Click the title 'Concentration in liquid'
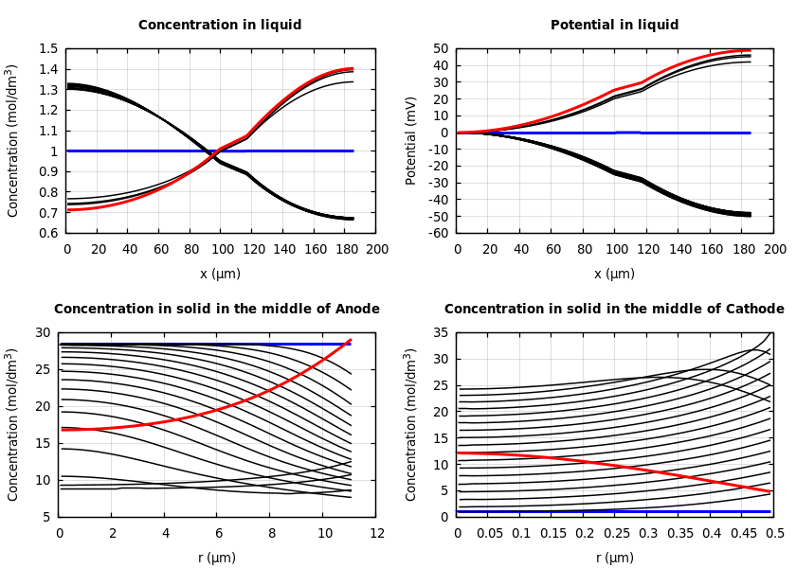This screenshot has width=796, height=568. tap(220, 26)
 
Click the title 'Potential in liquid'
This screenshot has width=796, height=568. tap(614, 26)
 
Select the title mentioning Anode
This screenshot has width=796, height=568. tap(216, 310)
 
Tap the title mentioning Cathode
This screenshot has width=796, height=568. tap(614, 310)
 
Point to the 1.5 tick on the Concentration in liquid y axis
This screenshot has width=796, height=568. tap(47, 48)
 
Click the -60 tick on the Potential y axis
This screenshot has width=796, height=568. tap(438, 233)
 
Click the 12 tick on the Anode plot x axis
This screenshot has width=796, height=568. tap(376, 534)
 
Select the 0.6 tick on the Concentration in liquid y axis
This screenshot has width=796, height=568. tap(47, 233)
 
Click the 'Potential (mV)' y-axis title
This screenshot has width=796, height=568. tap(411, 140)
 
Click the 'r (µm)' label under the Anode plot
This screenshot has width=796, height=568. tap(217, 558)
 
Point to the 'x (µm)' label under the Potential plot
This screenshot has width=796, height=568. tap(614, 274)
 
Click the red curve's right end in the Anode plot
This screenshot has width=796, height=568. tap(351, 340)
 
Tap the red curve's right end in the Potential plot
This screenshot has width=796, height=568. tap(750, 50)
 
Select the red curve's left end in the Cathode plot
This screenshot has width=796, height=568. tap(459, 453)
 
